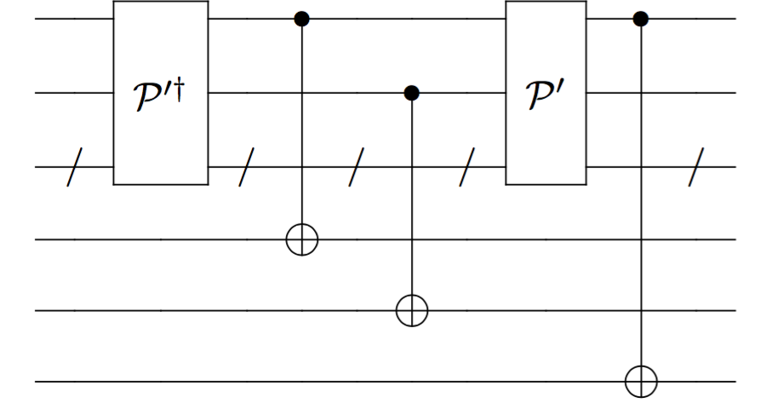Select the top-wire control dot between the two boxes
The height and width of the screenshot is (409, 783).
click(x=301, y=18)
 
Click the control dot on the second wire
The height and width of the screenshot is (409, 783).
click(x=412, y=92)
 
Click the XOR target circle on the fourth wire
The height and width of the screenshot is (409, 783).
click(x=301, y=240)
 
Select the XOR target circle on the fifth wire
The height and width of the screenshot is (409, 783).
click(x=412, y=311)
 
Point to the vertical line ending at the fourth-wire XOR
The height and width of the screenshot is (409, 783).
click(x=301, y=128)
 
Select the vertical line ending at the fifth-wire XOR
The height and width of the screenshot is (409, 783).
click(x=412, y=204)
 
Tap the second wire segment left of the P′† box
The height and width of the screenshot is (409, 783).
click(x=75, y=92)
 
